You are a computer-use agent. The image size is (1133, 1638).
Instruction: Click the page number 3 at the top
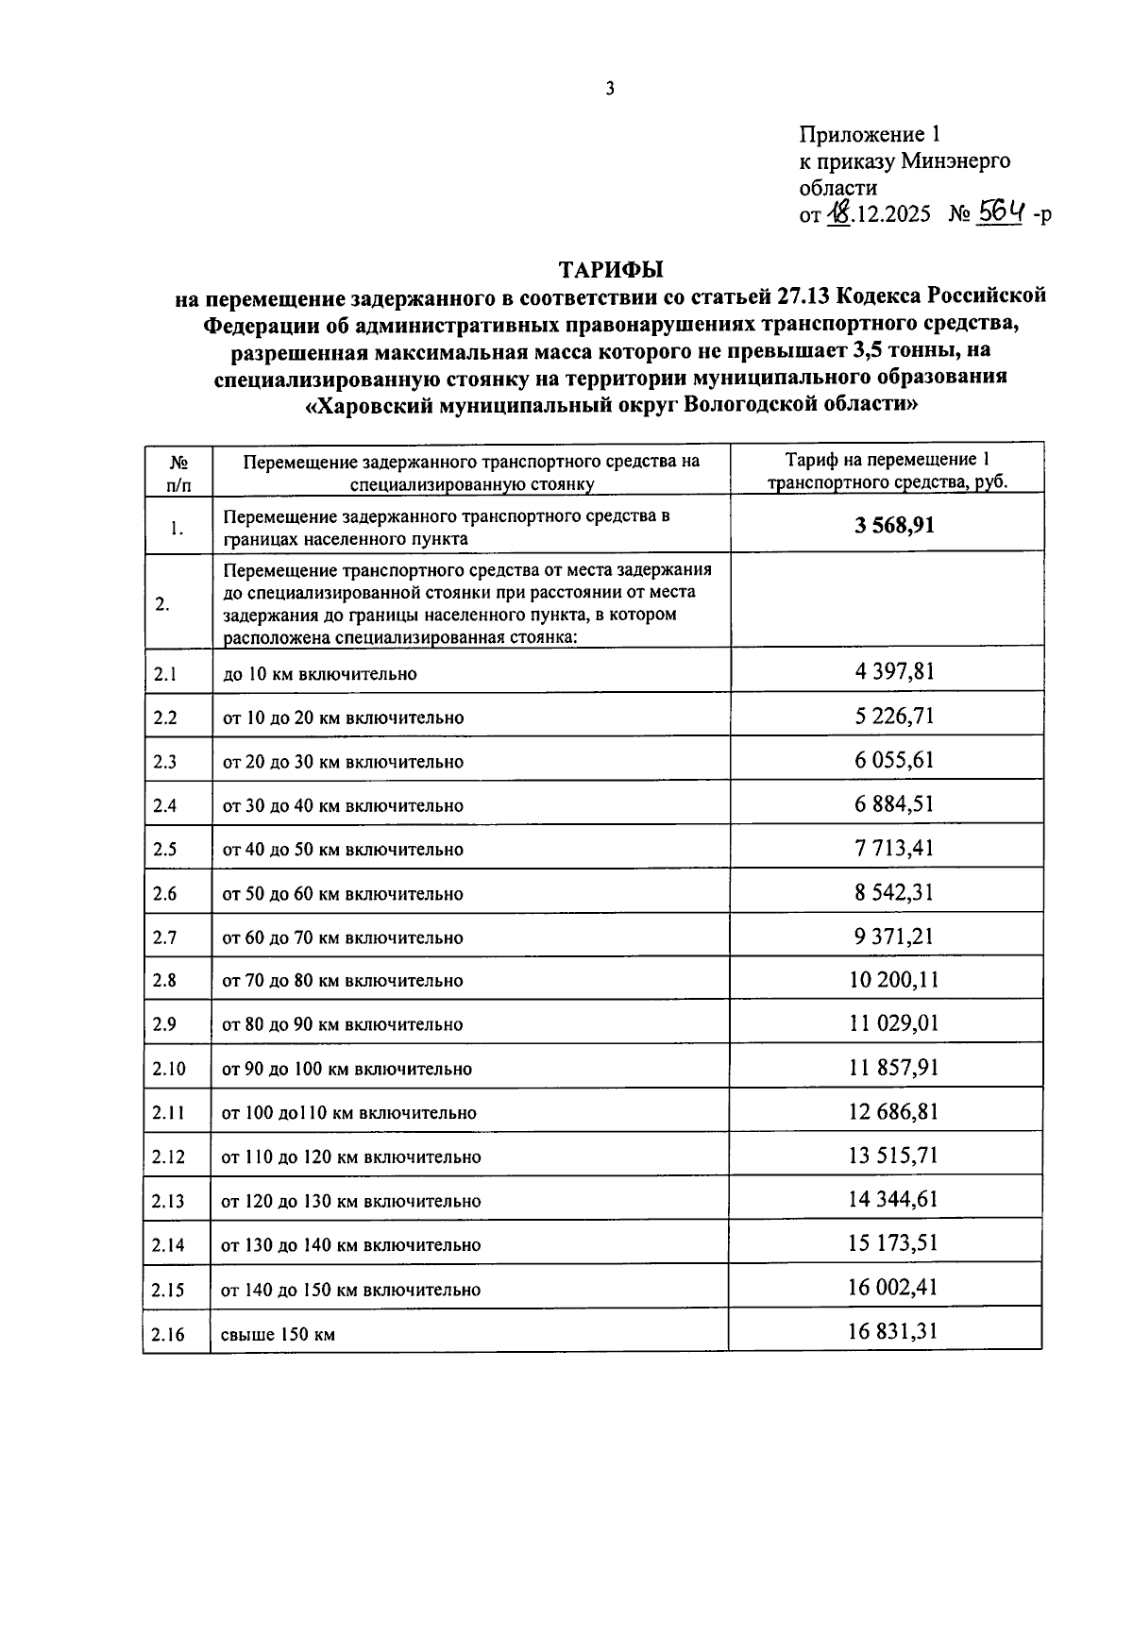pyautogui.click(x=610, y=90)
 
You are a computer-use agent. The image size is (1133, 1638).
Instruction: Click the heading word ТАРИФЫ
pyautogui.click(x=611, y=269)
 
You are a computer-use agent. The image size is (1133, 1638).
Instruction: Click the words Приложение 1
pyautogui.click(x=870, y=134)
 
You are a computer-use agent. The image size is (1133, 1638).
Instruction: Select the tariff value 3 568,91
pyautogui.click(x=894, y=525)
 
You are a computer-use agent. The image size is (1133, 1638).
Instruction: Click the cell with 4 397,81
pyautogui.click(x=894, y=672)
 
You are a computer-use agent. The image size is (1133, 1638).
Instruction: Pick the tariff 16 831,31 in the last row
pyautogui.click(x=893, y=1331)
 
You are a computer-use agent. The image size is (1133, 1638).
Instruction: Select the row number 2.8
pyautogui.click(x=164, y=981)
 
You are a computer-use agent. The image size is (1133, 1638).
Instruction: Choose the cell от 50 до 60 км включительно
pyautogui.click(x=343, y=894)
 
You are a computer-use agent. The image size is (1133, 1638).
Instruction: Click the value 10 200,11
pyautogui.click(x=893, y=980)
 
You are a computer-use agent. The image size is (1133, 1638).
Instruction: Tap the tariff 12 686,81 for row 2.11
pyautogui.click(x=893, y=1111)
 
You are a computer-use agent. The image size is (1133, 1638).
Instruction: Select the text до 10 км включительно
pyautogui.click(x=319, y=674)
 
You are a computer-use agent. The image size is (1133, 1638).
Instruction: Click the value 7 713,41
pyautogui.click(x=894, y=848)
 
